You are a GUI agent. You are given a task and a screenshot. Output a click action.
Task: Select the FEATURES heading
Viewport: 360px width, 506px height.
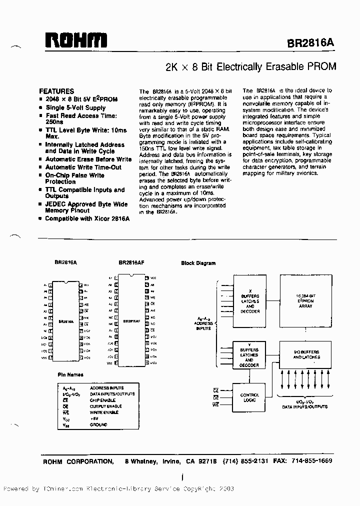(56, 91)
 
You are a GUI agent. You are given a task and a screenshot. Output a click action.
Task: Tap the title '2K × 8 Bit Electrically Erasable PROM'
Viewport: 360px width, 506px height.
(250, 66)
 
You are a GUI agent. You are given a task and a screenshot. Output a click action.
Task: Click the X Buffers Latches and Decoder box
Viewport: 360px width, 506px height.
(249, 302)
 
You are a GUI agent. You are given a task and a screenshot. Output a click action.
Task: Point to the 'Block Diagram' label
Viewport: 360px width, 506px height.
(198, 263)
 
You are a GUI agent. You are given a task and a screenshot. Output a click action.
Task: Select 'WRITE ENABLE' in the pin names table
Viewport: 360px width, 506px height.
(104, 412)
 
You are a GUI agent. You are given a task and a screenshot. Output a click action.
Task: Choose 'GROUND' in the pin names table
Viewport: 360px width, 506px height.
(98, 424)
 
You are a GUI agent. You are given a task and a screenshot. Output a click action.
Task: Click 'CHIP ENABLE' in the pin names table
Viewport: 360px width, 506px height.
(102, 400)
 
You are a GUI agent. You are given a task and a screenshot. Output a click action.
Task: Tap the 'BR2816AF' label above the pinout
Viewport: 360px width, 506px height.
(131, 262)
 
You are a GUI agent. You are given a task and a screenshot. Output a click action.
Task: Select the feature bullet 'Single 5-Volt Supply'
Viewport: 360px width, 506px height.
(75, 107)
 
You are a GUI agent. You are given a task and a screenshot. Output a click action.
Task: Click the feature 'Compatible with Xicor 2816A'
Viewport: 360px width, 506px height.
(87, 219)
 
